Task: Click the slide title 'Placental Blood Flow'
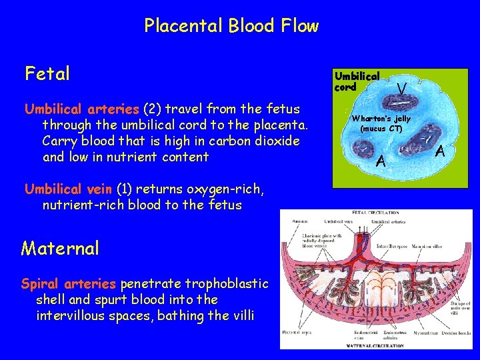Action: pyautogui.click(x=231, y=27)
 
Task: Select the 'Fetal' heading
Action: pyautogui.click(x=47, y=73)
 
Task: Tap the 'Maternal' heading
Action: pyautogui.click(x=60, y=249)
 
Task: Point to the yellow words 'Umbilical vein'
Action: pyautogui.click(x=69, y=189)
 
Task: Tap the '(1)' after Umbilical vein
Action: pyautogui.click(x=125, y=189)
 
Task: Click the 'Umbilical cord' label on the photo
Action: pyautogui.click(x=357, y=81)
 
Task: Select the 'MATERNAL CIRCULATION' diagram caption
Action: pyautogui.click(x=375, y=345)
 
